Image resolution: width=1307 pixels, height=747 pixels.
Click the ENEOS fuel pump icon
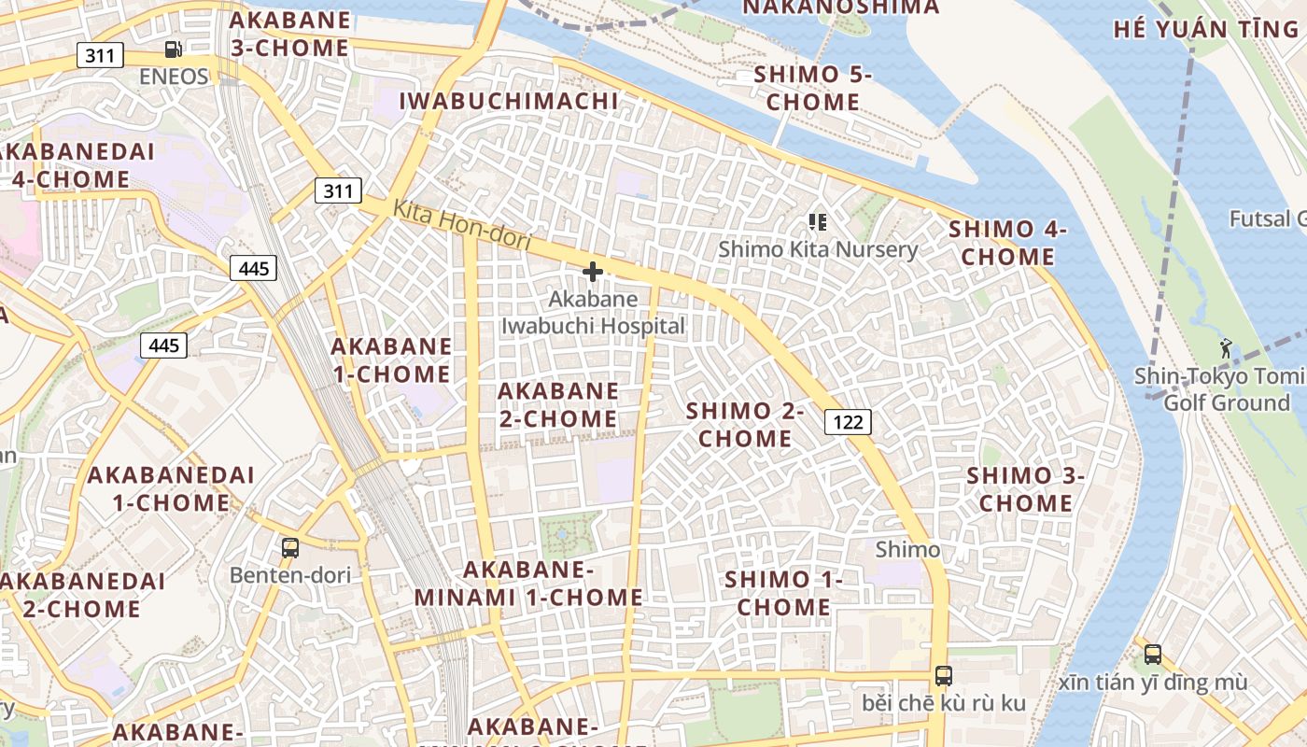(173, 49)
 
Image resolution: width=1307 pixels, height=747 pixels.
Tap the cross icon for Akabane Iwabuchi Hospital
(592, 272)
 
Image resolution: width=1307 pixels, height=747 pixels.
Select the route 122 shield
(848, 422)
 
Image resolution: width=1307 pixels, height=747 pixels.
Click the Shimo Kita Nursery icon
(818, 221)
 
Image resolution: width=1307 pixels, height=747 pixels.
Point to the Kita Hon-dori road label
(462, 226)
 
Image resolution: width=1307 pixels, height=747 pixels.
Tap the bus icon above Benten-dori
(290, 548)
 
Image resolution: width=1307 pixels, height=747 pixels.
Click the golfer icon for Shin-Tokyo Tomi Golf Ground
(1225, 349)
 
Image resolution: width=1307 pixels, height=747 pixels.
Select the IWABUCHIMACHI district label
(509, 101)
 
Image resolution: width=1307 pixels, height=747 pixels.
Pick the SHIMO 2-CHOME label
(745, 425)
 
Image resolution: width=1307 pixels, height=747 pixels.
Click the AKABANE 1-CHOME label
(391, 360)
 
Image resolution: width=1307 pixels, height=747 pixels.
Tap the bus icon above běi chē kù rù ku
(944, 676)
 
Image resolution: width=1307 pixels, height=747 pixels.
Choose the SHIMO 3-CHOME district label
(1025, 488)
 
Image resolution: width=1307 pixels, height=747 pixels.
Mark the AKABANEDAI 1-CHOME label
(171, 488)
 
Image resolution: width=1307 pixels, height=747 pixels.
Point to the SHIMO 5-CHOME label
(812, 88)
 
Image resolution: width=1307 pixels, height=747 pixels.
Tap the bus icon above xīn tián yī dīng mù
(1153, 654)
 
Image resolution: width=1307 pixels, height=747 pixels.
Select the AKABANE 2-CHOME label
(558, 404)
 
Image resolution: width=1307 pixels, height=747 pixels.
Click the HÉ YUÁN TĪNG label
(1206, 28)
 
